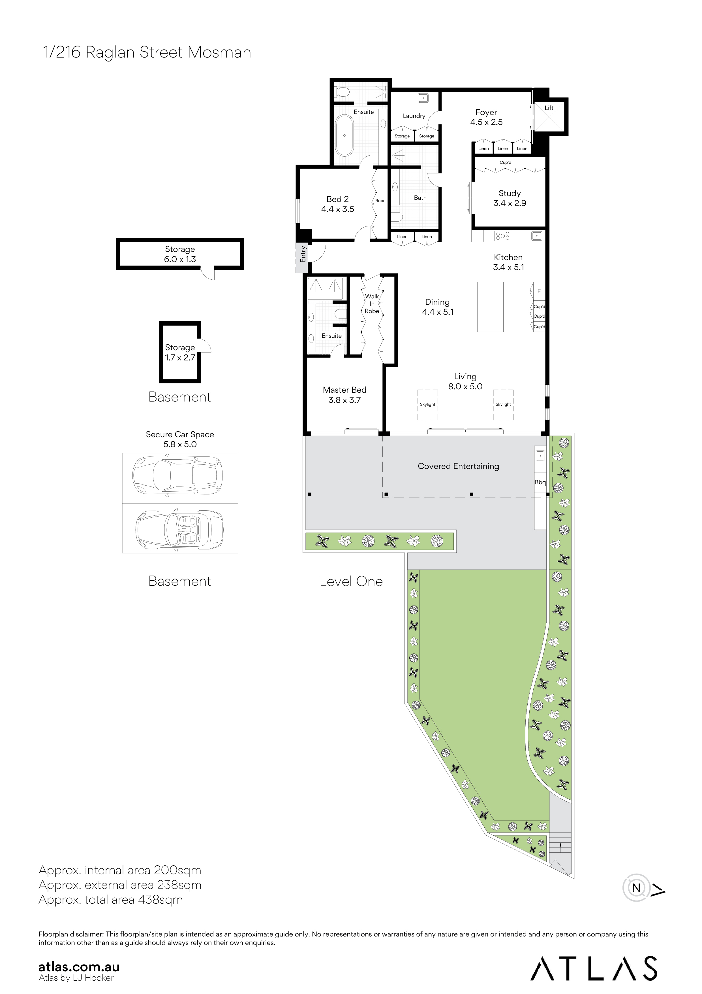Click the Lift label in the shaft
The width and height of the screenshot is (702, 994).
pos(549,108)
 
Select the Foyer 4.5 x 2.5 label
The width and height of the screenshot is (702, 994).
pos(486,117)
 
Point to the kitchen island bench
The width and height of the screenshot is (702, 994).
pos(490,307)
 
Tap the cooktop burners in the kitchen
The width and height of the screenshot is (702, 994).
pos(503,236)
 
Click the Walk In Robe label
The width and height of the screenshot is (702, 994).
pos(372,303)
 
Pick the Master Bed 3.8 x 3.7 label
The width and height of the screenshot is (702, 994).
pos(344,395)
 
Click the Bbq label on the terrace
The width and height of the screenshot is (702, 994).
pos(540,482)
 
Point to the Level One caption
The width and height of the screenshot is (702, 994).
pos(351,581)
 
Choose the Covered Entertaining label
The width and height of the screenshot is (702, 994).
pos(458,466)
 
